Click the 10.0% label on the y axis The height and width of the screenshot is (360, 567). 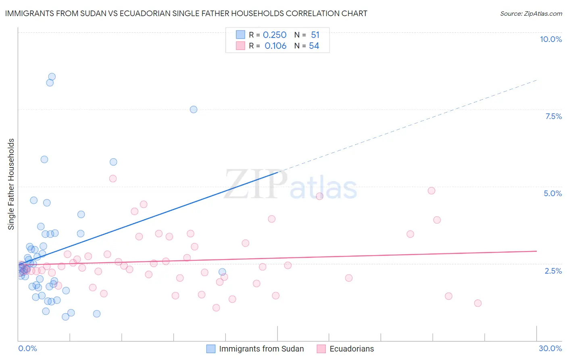(x=550, y=39)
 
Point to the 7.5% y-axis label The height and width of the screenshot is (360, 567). (x=553, y=116)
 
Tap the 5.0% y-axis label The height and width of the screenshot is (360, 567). (x=552, y=193)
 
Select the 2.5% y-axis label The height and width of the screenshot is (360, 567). (x=553, y=271)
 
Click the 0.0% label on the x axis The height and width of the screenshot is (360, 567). (x=27, y=348)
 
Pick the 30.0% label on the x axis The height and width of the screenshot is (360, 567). (x=550, y=348)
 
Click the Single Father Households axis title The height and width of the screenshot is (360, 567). (x=11, y=184)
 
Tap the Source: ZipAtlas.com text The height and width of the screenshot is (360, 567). (x=531, y=13)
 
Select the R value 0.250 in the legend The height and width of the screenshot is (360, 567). (x=274, y=35)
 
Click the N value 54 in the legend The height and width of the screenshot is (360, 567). (x=314, y=46)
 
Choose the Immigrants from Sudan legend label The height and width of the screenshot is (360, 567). (x=261, y=349)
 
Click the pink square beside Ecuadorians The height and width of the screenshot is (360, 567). (x=321, y=349)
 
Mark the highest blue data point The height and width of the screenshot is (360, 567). (x=52, y=77)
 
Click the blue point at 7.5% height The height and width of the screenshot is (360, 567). (x=194, y=109)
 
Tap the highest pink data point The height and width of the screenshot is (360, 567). (x=113, y=178)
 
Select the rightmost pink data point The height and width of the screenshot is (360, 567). (x=478, y=303)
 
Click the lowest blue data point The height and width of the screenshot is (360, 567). (x=65, y=317)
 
